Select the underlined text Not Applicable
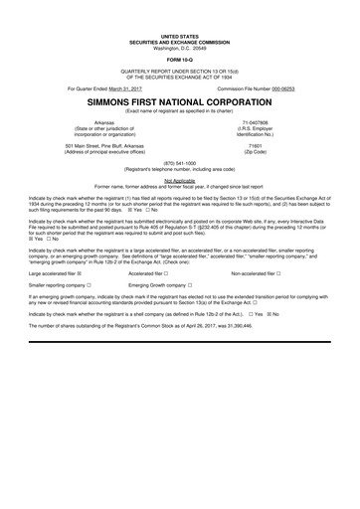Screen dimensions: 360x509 click(180, 180)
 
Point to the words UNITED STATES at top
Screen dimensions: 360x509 click(180, 33)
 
